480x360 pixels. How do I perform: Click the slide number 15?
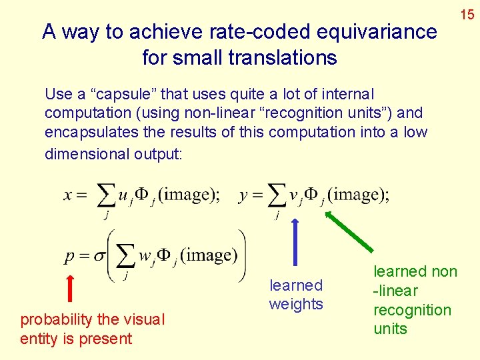[467, 13]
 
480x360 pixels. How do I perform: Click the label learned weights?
[296, 295]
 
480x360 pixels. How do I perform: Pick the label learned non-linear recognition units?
[415, 300]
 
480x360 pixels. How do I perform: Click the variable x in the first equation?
[69, 195]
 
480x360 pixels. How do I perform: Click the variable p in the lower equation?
[71, 257]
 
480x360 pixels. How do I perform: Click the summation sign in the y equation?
[275, 195]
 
